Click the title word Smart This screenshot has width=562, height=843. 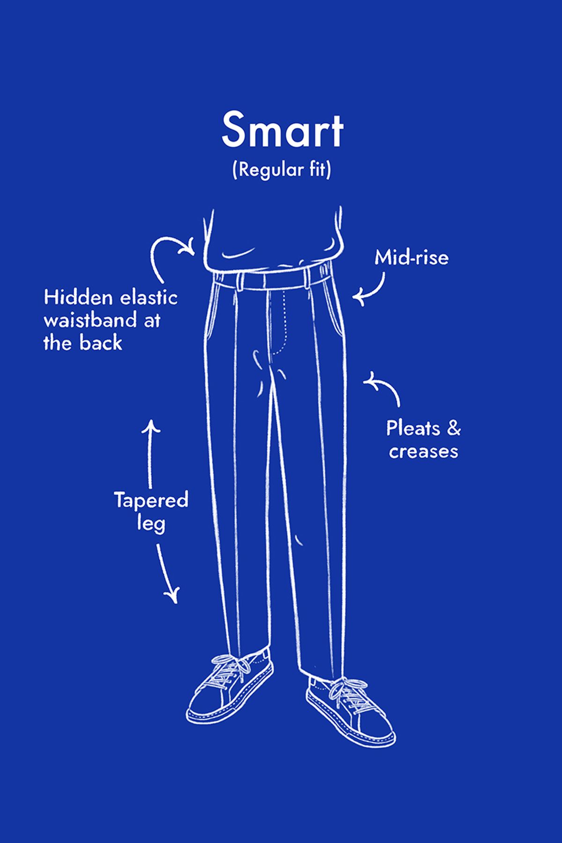pyautogui.click(x=282, y=130)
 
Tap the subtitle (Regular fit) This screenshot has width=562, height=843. pyautogui.click(x=281, y=170)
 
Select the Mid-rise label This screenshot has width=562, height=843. pyautogui.click(x=411, y=258)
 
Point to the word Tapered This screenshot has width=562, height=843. pyautogui.click(x=151, y=500)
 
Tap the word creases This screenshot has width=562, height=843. pyautogui.click(x=423, y=451)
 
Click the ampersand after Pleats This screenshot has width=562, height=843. pyautogui.click(x=453, y=429)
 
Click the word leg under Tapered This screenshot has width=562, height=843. pyautogui.click(x=151, y=523)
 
